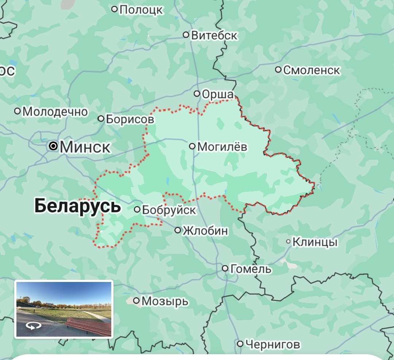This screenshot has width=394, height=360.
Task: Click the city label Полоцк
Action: coord(141,9)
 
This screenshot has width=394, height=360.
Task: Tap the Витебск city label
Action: coord(214,35)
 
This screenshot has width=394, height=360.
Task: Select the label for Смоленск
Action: coord(312,70)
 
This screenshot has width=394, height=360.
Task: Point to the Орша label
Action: coord(217,94)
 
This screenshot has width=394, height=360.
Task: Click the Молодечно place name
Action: coord(55,112)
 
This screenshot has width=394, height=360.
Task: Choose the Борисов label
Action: coord(130,119)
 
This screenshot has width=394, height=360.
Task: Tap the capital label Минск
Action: coord(85,147)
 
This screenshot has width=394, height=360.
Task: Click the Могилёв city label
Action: coord(222,147)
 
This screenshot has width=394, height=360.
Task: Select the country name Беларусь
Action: coord(77,206)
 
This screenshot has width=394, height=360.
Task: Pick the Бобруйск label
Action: coord(169,210)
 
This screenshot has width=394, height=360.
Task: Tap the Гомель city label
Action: coord(251,269)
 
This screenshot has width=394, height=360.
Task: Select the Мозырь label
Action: coord(165,301)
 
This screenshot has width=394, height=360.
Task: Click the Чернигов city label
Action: coord(273,344)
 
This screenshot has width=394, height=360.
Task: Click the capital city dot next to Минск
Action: coord(54,147)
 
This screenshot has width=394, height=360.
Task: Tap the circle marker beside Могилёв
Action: coord(192,146)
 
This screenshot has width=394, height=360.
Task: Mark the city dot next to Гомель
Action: coord(225,269)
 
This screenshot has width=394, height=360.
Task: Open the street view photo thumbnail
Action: coord(64,309)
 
